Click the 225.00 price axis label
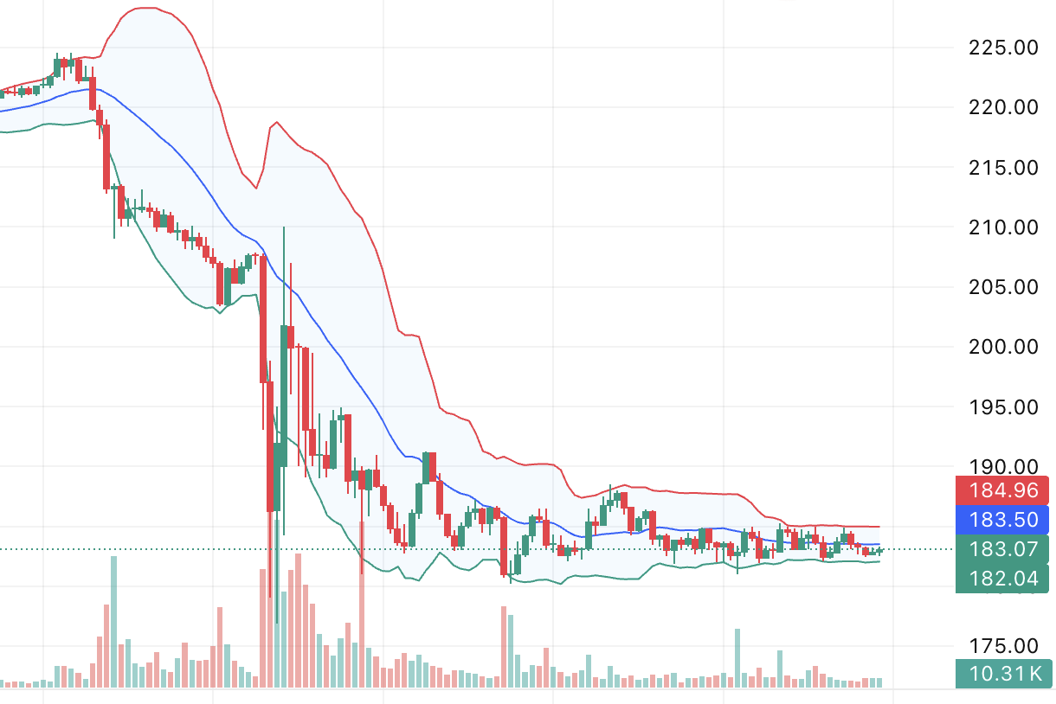[x=1002, y=48]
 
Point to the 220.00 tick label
[x=1002, y=107]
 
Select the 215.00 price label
[x=1002, y=167]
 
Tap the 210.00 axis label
[x=1002, y=227]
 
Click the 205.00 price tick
[x=1002, y=287]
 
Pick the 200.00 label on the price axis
[x=1002, y=347]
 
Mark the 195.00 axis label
[x=1002, y=406]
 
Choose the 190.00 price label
[x=1002, y=467]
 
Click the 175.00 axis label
[x=1002, y=646]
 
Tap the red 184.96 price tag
[x=1002, y=490]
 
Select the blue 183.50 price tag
[x=1002, y=519]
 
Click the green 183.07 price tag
[x=1002, y=549]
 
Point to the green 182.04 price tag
[x=1002, y=579]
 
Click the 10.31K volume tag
[x=1002, y=673]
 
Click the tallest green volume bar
[x=113, y=622]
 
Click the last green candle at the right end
[x=879, y=550]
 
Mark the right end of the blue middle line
[x=879, y=544]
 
